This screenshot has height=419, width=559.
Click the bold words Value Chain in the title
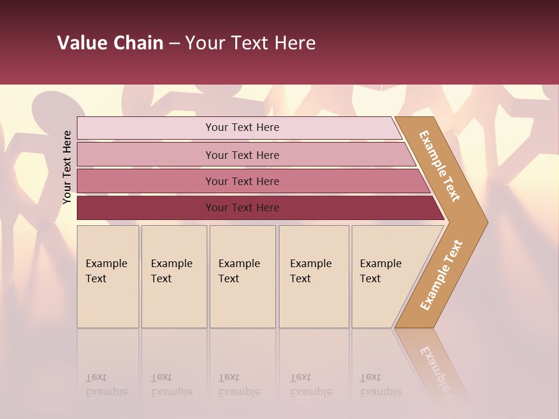[x=110, y=43]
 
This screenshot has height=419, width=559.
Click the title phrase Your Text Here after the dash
[x=250, y=43]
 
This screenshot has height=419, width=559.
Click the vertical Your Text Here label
[x=67, y=167]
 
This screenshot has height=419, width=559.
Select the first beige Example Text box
[x=108, y=276]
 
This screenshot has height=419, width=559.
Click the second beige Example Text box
[x=174, y=276]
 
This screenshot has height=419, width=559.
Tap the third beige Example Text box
[x=242, y=276]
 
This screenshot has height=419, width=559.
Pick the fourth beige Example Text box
[x=314, y=276]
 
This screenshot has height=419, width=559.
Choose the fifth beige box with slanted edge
[x=384, y=276]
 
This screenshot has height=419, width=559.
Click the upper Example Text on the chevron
[x=440, y=166]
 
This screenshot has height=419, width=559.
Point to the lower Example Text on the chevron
[x=441, y=275]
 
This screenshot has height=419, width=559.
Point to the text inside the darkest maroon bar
[x=242, y=208]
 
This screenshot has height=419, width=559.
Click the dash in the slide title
[x=174, y=44]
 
